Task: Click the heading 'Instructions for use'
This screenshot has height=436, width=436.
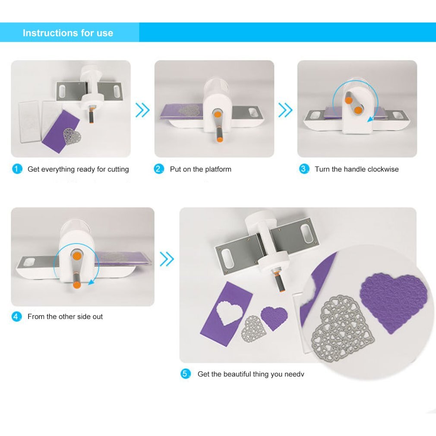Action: click(68, 33)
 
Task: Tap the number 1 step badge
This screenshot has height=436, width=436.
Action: click(17, 169)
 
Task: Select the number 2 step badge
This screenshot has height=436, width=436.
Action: click(159, 169)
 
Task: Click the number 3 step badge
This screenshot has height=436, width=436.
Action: click(304, 169)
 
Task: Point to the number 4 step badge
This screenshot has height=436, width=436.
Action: click(17, 316)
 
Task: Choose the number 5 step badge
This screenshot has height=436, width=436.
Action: click(186, 374)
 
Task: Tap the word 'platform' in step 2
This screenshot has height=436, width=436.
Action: click(218, 169)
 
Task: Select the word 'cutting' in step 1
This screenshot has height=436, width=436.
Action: click(118, 169)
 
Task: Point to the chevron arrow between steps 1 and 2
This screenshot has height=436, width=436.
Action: click(142, 110)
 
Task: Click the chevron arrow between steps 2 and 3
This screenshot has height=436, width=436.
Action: click(285, 110)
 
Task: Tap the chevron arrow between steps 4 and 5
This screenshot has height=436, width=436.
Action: click(167, 259)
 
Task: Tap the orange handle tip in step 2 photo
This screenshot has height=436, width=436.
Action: click(220, 139)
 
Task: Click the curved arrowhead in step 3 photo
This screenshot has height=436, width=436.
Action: click(370, 119)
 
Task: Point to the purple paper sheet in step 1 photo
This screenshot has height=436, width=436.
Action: click(61, 131)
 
